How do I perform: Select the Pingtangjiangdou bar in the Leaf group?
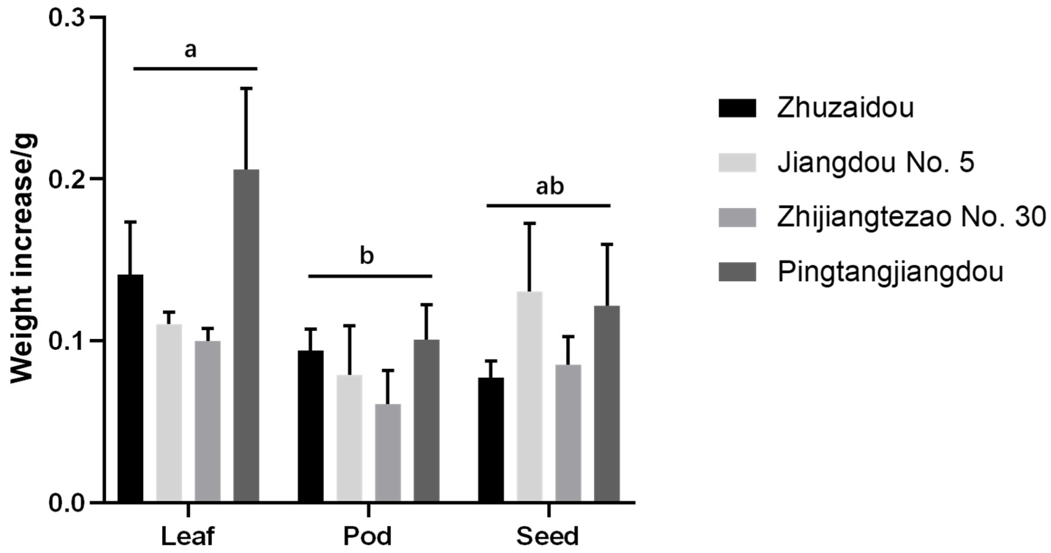[x=246, y=335]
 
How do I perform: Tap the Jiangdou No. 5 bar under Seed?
[x=530, y=396]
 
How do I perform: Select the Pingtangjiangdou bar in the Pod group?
[x=427, y=420]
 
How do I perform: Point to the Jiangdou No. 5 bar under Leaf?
[x=169, y=412]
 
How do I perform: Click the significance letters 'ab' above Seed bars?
[x=550, y=187]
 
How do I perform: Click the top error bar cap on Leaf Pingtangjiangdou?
[x=246, y=88]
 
